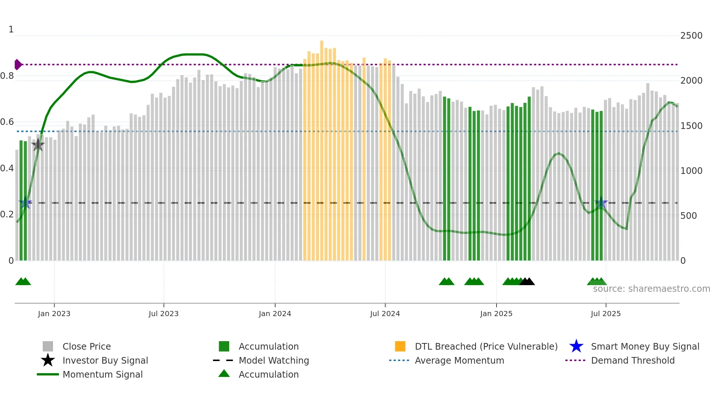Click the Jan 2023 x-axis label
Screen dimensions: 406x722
point(54,314)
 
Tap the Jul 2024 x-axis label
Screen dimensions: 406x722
point(385,314)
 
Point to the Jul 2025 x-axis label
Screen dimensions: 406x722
point(606,314)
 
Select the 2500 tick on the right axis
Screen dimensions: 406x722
point(691,36)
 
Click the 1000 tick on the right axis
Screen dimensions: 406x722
point(691,171)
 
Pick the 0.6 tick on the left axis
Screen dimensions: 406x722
point(7,122)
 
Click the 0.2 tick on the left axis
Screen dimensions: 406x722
point(7,214)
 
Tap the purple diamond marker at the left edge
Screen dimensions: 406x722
point(18,64)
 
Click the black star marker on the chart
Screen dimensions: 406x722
point(38,145)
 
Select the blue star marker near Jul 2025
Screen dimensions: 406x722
point(601,203)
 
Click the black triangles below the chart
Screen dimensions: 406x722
point(527,281)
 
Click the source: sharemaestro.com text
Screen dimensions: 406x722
point(651,289)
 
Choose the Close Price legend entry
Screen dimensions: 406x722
point(87,346)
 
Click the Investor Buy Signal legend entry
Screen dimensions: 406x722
point(105,360)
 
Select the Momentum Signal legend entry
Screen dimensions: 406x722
point(102,374)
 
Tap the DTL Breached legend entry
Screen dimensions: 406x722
point(486,346)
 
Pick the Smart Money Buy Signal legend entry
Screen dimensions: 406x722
point(645,346)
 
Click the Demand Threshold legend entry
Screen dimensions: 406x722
point(632,360)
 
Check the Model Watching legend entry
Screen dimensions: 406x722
point(273,360)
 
